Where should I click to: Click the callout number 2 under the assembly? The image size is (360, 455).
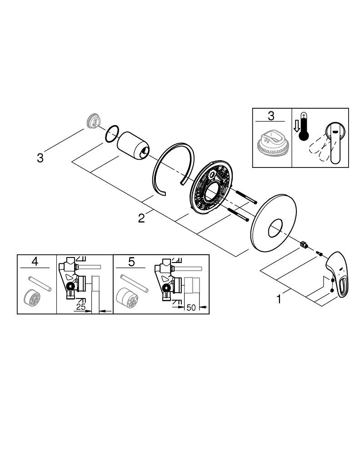[x=142, y=218]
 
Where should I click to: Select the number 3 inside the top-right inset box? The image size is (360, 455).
[x=271, y=116]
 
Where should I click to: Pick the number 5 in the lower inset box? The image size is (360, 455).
[x=132, y=262]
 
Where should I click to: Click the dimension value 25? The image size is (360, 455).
[x=81, y=308]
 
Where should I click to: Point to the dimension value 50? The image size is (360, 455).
[x=191, y=308]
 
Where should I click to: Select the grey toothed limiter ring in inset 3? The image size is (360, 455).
[x=272, y=144]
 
